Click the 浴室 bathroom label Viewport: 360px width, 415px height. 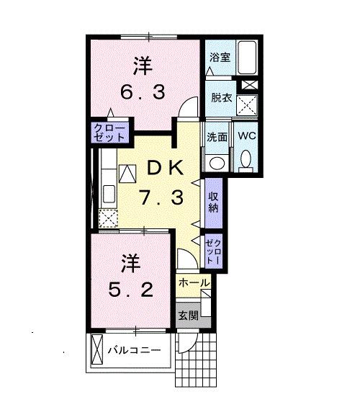pyautogui.click(x=220, y=58)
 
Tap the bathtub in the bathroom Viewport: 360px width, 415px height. pyautogui.click(x=247, y=57)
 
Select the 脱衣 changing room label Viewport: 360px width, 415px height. pyautogui.click(x=221, y=98)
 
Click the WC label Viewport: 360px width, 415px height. pyautogui.click(x=247, y=135)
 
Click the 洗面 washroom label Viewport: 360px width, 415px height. pyautogui.click(x=217, y=137)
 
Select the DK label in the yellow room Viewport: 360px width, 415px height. pyautogui.click(x=166, y=168)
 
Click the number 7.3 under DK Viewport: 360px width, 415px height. pyautogui.click(x=162, y=198)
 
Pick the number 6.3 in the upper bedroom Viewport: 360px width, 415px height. pyautogui.click(x=143, y=92)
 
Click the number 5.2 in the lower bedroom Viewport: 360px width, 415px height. pyautogui.click(x=131, y=290)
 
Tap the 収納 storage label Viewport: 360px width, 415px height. pyautogui.click(x=213, y=202)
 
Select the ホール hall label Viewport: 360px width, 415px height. pyautogui.click(x=194, y=283)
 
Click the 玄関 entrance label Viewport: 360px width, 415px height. pyautogui.click(x=188, y=316)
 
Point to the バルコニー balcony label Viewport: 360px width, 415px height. pyautogui.click(x=134, y=350)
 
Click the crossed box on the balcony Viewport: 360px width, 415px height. pyautogui.click(x=96, y=349)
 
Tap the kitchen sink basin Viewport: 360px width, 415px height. pyautogui.click(x=109, y=194)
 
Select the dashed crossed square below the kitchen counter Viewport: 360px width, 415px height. pyautogui.click(x=108, y=218)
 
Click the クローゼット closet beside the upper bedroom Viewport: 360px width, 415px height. pyautogui.click(x=109, y=133)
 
